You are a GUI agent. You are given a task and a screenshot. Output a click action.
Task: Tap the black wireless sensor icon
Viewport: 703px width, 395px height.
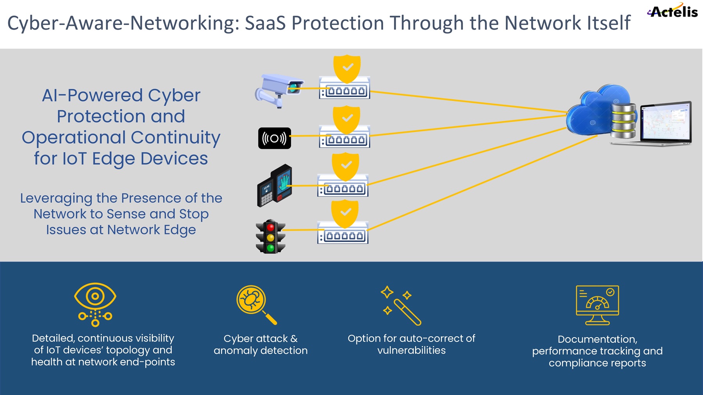[x=275, y=138]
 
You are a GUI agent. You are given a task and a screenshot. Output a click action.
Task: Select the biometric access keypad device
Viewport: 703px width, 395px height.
[x=275, y=185]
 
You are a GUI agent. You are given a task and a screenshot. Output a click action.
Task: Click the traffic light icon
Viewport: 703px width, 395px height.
[x=270, y=237]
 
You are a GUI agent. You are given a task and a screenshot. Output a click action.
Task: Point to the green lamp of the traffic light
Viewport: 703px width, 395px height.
[x=270, y=248]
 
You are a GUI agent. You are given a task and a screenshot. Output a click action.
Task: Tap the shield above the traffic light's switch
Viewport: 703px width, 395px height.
[x=345, y=213]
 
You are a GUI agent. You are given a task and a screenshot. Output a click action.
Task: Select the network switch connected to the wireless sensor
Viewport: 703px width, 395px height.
[x=344, y=137]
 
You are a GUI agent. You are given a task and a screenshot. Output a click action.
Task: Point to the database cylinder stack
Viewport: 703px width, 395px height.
[x=623, y=121]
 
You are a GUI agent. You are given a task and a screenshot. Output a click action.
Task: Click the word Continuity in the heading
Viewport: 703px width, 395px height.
[x=175, y=137]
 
